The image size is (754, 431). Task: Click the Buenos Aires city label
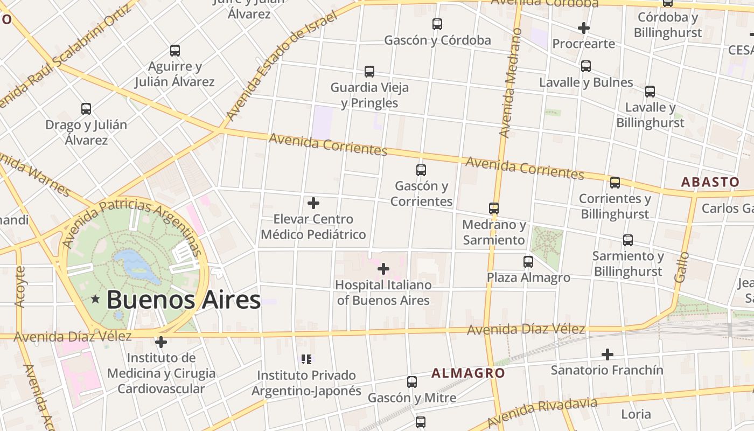(184, 300)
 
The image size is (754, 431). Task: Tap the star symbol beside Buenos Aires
(95, 298)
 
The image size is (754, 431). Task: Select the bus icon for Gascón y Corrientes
(421, 170)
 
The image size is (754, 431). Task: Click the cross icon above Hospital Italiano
(383, 268)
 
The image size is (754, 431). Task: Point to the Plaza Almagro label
(528, 277)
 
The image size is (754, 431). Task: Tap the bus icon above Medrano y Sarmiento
(494, 208)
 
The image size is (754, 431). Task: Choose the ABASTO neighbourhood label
(710, 182)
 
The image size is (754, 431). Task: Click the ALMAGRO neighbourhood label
(468, 373)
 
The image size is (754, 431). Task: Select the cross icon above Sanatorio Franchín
(608, 354)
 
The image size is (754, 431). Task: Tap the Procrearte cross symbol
(583, 27)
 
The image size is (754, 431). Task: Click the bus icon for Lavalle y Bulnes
(586, 66)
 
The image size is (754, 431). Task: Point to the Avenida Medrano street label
(509, 84)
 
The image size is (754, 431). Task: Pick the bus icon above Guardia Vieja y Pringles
(369, 71)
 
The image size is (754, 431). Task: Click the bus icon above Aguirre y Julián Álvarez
(175, 51)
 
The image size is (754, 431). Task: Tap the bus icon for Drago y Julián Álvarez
(86, 109)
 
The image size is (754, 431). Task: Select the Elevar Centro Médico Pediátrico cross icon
(313, 203)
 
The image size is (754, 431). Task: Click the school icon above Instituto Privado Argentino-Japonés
(306, 359)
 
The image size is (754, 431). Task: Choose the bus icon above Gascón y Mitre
(412, 382)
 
